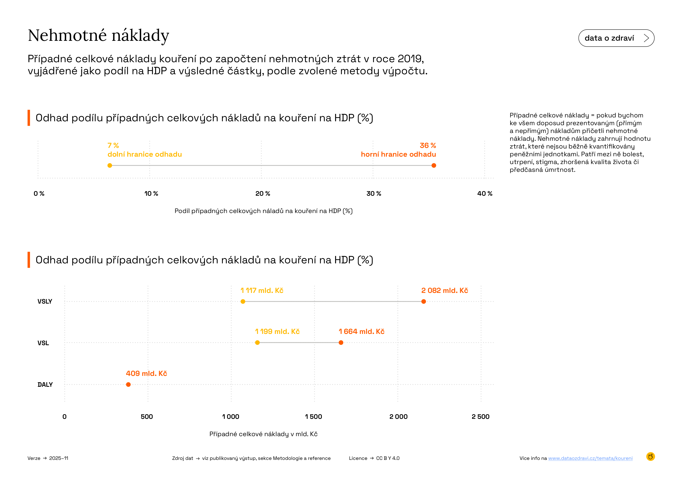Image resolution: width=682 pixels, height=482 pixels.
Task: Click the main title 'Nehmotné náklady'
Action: pyautogui.click(x=98, y=36)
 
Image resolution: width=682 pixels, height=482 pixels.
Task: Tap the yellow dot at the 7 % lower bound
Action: pyautogui.click(x=110, y=165)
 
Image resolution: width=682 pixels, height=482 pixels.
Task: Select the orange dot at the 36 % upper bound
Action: pyautogui.click(x=434, y=165)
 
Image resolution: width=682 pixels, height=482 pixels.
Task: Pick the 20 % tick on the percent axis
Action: pyautogui.click(x=263, y=194)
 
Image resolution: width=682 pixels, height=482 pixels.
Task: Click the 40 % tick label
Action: pyautogui.click(x=484, y=194)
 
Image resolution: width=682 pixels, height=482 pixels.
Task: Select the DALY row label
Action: pyautogui.click(x=45, y=385)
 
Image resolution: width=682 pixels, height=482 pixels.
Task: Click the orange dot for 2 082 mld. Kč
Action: pyautogui.click(x=424, y=302)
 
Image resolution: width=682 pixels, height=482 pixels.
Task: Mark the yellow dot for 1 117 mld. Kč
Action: pyautogui.click(x=243, y=302)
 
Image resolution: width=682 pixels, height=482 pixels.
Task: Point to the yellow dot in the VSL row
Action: pyautogui.click(x=257, y=342)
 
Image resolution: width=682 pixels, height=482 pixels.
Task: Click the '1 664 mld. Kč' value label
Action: pyautogui.click(x=362, y=332)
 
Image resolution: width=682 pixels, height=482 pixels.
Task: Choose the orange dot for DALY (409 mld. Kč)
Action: pyautogui.click(x=128, y=384)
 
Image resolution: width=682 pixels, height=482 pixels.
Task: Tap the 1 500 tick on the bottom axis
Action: pyautogui.click(x=313, y=417)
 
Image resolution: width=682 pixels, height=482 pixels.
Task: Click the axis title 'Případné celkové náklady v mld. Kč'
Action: pyautogui.click(x=263, y=434)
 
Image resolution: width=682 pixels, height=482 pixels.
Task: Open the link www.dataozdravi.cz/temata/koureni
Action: pyautogui.click(x=590, y=458)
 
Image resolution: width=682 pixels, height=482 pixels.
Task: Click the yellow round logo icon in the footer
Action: pyautogui.click(x=650, y=457)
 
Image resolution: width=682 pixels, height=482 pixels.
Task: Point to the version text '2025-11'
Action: pyautogui.click(x=59, y=458)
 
